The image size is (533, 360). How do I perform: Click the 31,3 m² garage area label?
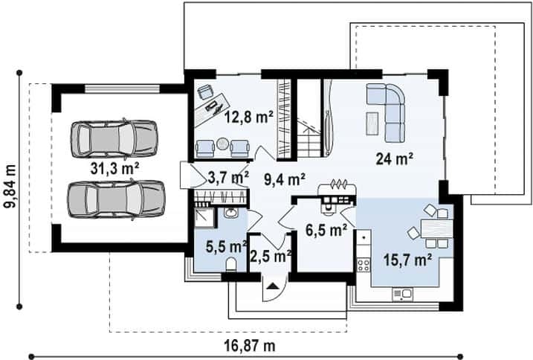point(115,168)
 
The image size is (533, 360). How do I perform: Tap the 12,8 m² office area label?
point(249,117)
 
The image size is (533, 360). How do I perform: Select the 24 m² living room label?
point(394,158)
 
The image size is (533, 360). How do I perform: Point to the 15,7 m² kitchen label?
point(407,260)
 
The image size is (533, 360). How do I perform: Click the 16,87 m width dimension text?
point(250,346)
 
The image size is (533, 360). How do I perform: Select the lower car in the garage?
point(116,199)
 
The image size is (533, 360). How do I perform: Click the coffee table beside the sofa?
point(372,123)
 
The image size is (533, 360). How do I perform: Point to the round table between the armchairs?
point(223,144)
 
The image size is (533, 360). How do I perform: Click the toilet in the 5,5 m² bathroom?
point(231,264)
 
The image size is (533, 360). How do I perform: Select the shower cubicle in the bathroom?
point(205,217)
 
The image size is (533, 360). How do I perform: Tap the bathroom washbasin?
point(231,213)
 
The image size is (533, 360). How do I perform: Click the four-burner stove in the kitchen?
point(363,265)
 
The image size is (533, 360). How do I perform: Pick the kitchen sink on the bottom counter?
point(402,294)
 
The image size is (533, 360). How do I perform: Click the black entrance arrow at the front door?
point(272,286)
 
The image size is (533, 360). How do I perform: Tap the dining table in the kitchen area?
point(437,228)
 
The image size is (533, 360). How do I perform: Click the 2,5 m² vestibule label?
point(271,256)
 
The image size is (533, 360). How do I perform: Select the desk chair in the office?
point(205,91)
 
